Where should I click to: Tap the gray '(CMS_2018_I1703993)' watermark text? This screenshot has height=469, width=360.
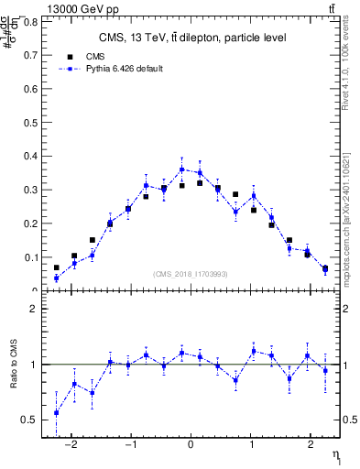tap(191, 274)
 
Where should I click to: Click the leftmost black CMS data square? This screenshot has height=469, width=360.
tap(57, 267)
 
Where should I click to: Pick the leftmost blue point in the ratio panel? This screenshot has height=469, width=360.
tap(57, 412)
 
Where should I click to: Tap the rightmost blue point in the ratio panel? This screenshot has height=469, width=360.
tap(325, 370)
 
